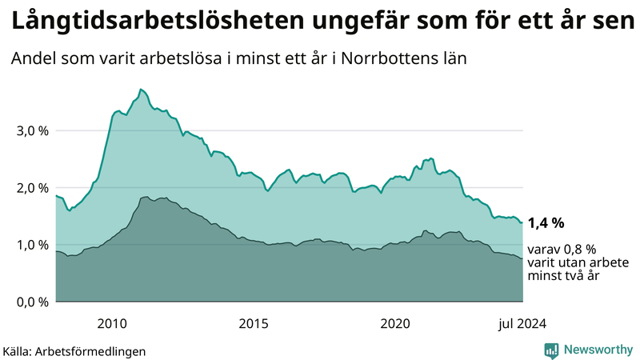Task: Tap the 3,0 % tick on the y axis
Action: click(x=33, y=130)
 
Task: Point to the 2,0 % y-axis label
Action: click(x=33, y=188)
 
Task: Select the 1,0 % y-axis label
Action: click(x=33, y=245)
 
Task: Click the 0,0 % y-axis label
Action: click(x=33, y=302)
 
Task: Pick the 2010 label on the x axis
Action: click(x=112, y=323)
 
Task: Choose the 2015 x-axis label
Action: click(x=254, y=323)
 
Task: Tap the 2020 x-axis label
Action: click(x=395, y=323)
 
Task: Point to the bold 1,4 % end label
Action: click(x=546, y=222)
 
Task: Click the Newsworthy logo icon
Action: click(x=551, y=350)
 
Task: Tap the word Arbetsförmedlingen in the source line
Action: click(x=95, y=350)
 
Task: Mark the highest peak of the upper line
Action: click(x=141, y=89)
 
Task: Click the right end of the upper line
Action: click(x=522, y=222)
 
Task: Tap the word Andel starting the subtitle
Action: click(x=33, y=59)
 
